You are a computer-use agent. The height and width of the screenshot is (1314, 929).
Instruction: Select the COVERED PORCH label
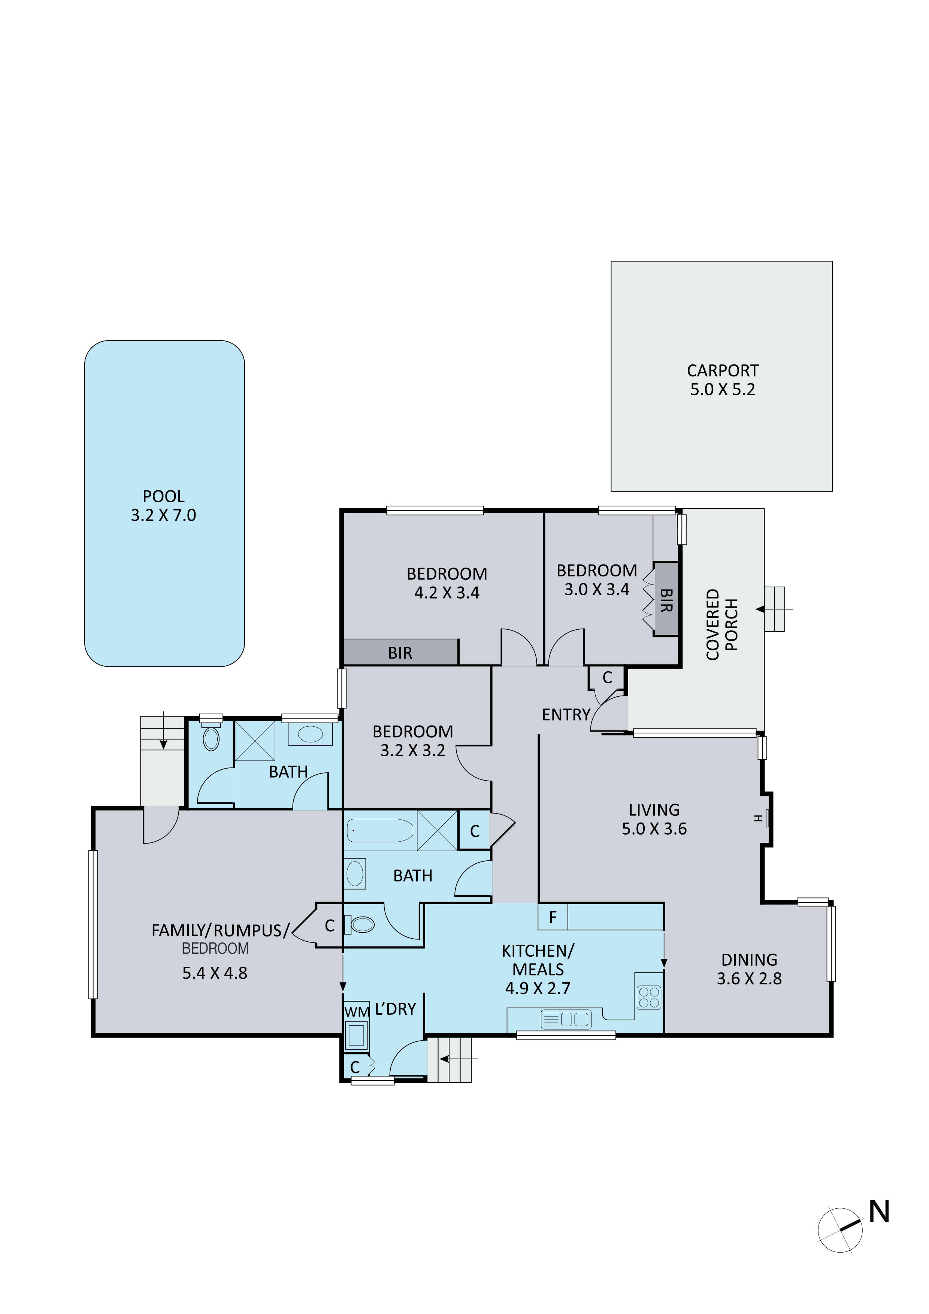coord(722,624)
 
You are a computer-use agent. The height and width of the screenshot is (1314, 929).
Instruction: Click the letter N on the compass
coord(879,1212)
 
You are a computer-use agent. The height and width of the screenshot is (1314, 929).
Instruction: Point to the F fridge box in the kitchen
coord(553,917)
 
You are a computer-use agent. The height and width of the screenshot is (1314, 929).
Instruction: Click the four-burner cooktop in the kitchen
coord(649,997)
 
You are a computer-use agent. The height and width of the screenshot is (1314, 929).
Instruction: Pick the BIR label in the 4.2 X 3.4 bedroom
coord(400,653)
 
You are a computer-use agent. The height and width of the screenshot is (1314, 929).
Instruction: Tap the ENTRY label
coord(566,715)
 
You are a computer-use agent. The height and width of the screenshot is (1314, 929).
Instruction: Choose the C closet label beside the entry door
coord(607,678)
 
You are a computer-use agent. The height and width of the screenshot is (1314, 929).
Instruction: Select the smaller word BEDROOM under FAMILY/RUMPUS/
coord(215,949)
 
